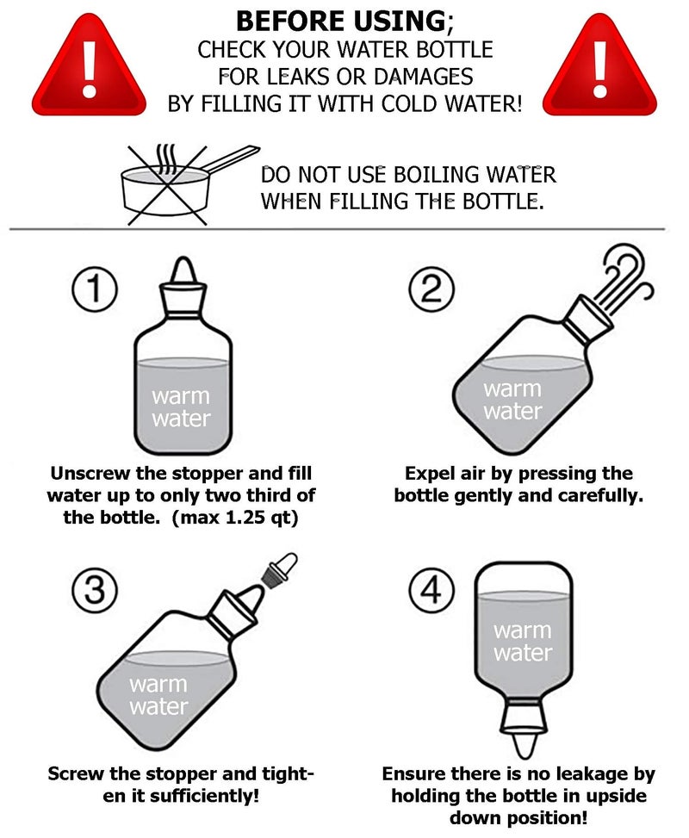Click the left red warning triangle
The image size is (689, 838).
pos(89,67)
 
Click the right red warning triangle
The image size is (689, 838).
pos(599,67)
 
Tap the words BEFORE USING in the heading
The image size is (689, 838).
pos(341,22)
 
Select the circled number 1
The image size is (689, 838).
pos(95,289)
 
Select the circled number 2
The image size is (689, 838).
pos(431,289)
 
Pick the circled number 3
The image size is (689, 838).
pos(95,591)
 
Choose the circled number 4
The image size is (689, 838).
pos(431,591)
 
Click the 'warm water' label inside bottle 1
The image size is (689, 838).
pos(181,407)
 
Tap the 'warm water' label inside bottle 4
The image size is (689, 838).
pos(523,642)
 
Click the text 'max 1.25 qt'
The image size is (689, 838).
pos(234,518)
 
